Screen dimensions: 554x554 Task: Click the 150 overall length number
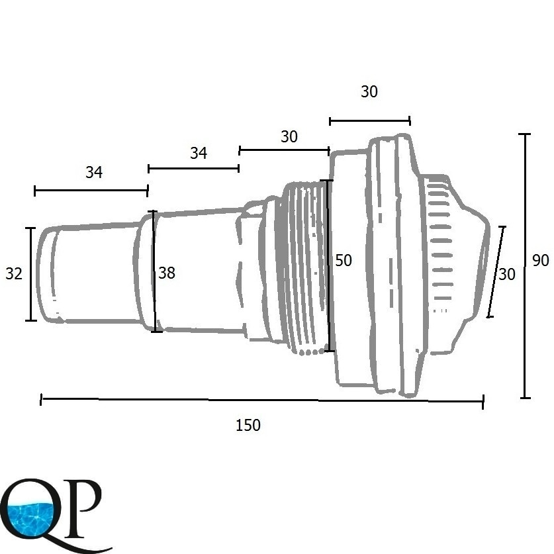click(x=248, y=425)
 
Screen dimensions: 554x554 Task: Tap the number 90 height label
click(x=541, y=260)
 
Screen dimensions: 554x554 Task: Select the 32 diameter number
click(x=14, y=274)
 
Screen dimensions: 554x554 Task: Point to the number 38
click(x=167, y=273)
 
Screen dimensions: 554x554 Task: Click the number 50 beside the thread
click(x=344, y=260)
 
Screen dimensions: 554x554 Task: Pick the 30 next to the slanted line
click(x=506, y=275)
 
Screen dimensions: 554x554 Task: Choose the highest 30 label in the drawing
click(x=369, y=91)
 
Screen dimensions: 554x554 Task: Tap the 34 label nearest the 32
click(x=94, y=172)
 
